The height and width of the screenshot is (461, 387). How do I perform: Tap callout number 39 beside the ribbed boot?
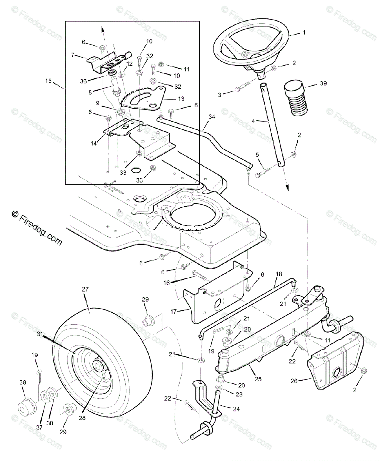click(323, 83)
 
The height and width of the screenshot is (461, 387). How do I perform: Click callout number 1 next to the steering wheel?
click(304, 33)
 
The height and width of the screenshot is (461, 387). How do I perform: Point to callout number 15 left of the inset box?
click(48, 81)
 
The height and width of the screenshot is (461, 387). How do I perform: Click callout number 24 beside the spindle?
click(236, 409)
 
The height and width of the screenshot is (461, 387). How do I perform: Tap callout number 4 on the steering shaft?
click(254, 121)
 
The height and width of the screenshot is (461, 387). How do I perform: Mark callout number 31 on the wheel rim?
click(39, 335)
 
